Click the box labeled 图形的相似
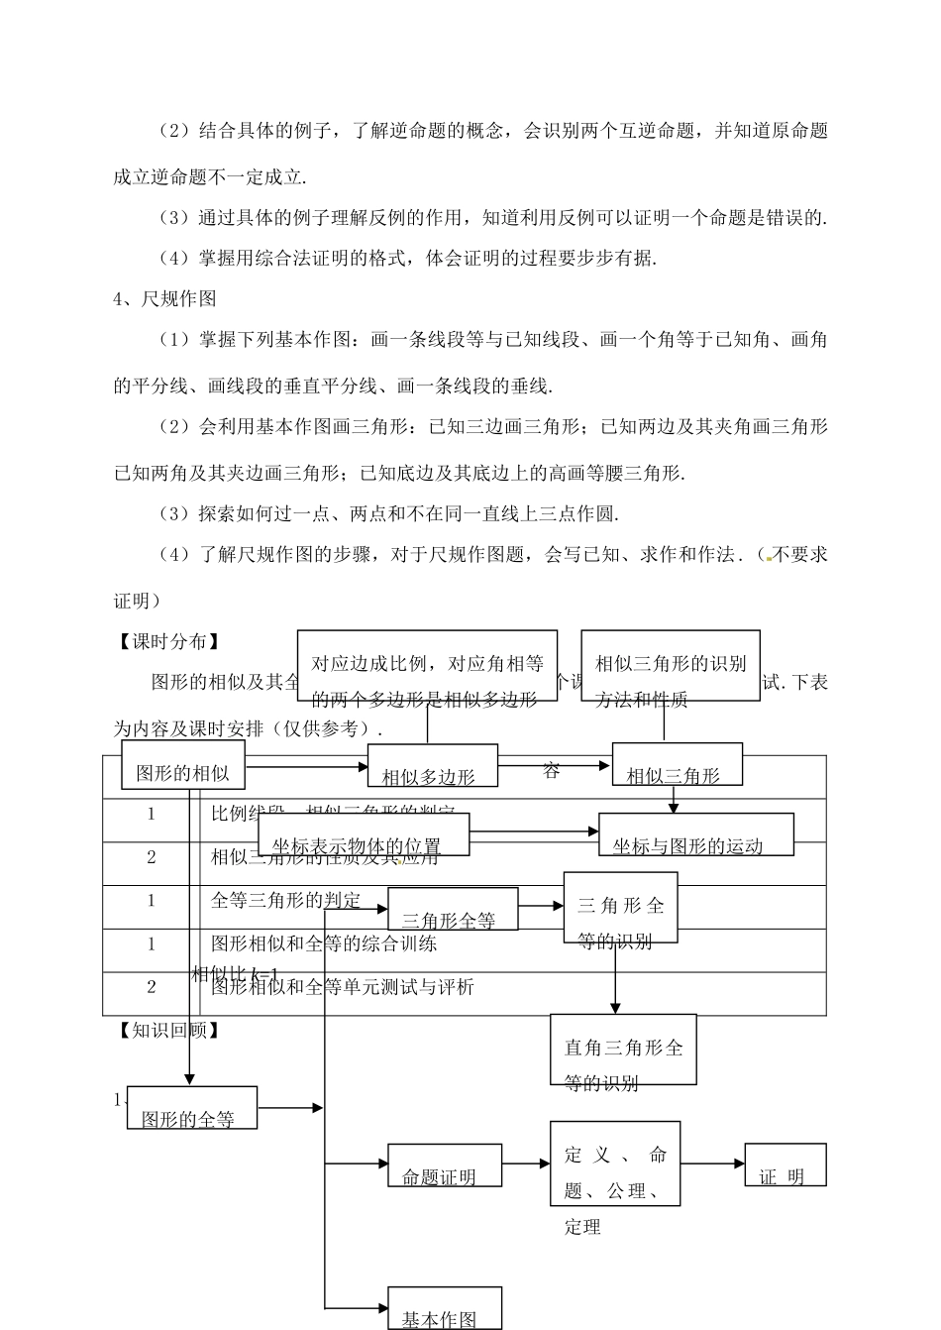pos(182,765)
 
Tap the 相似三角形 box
pos(677,764)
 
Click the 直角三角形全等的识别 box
pos(623,1050)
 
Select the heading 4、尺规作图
pos(164,298)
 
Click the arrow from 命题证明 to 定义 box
pos(525,1164)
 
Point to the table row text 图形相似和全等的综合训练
pos(324,943)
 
